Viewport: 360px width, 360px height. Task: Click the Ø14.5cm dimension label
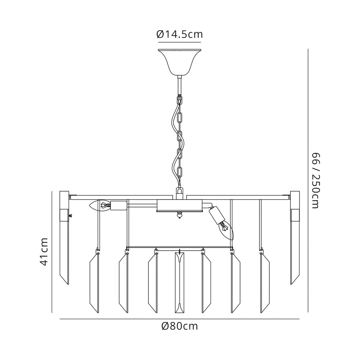180,34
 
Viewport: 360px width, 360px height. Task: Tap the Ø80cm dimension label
180,326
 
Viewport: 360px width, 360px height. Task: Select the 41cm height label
44,252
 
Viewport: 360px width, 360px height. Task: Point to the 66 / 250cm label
315,180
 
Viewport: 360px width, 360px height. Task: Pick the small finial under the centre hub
180,216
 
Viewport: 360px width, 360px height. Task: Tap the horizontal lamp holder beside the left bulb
118,205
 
